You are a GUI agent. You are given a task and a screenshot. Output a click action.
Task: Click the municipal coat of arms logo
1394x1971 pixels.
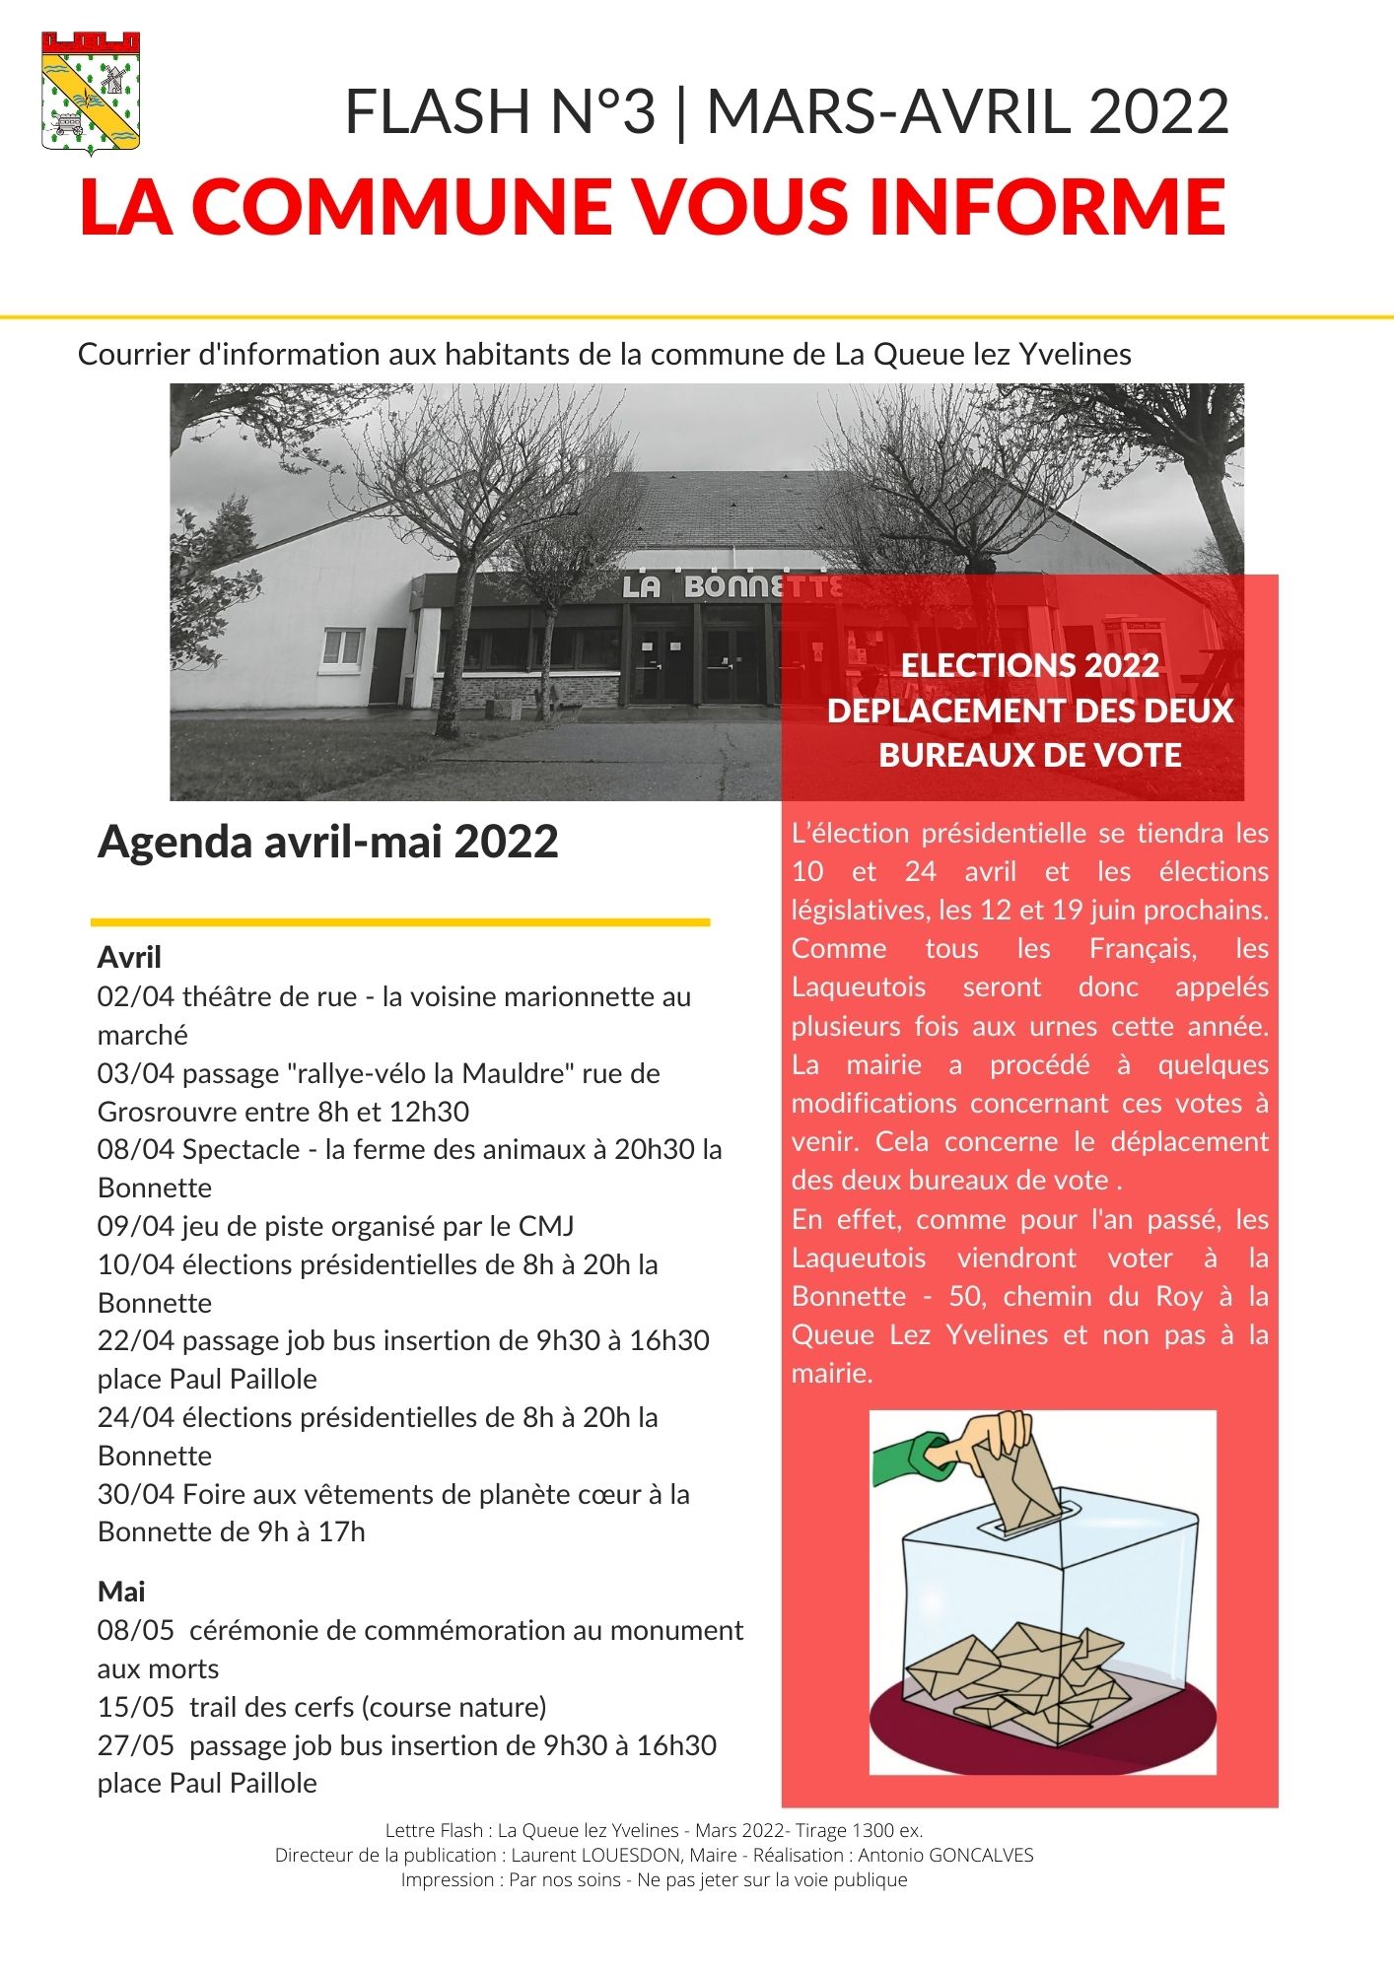(91, 92)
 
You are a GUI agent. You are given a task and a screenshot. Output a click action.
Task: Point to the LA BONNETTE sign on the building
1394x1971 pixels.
(731, 587)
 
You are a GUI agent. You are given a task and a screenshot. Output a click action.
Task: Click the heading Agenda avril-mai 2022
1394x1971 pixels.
(327, 842)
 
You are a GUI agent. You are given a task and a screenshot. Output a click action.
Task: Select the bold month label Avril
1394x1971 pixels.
(129, 957)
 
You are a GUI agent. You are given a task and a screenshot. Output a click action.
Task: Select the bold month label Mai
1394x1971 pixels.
(121, 1592)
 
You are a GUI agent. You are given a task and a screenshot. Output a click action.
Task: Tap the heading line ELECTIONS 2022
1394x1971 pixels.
(1029, 665)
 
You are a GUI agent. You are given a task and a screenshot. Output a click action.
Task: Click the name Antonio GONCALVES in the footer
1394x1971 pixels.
(945, 1855)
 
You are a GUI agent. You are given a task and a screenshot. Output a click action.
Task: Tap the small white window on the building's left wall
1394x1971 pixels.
(343, 647)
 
